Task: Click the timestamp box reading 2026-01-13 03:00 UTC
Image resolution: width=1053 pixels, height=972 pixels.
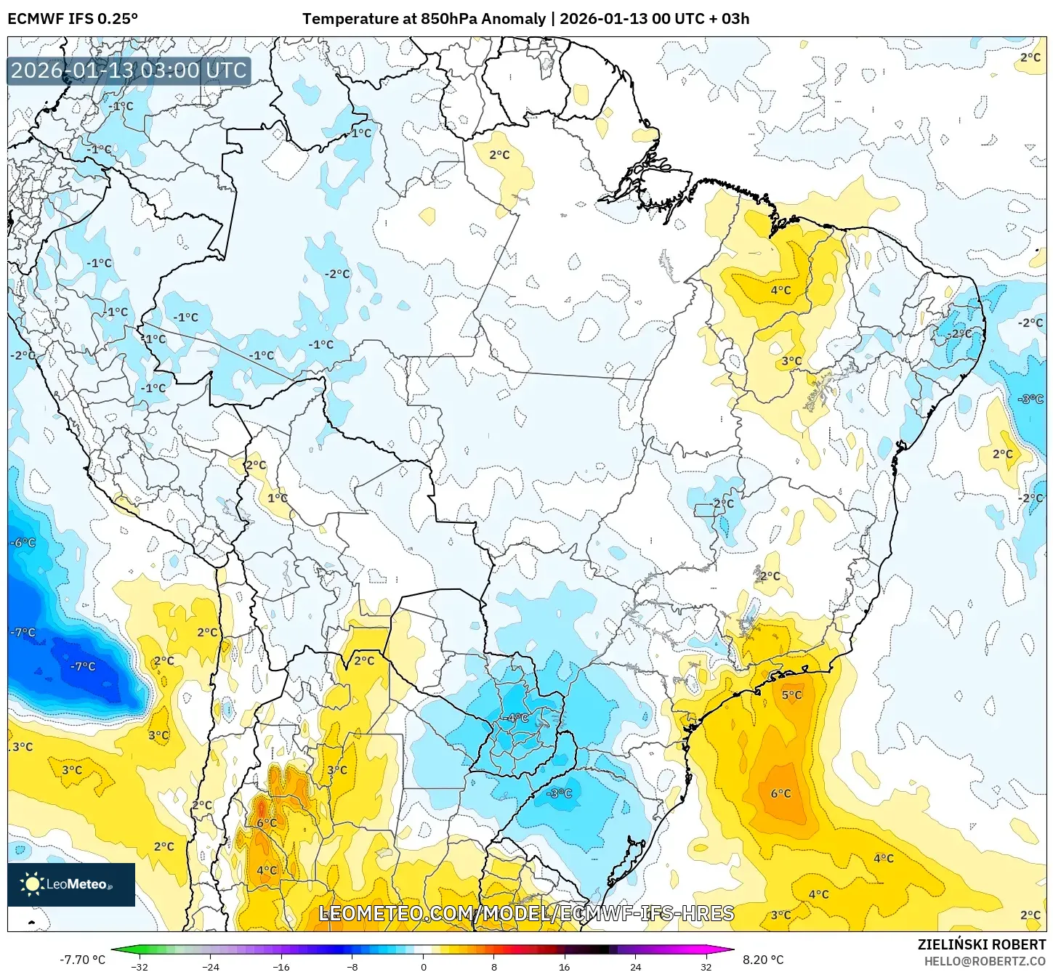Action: point(129,70)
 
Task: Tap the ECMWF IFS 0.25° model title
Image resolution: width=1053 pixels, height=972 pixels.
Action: point(73,19)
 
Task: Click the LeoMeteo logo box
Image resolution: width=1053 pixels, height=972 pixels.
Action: point(71,884)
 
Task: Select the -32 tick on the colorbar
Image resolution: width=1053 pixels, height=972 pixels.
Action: point(140,966)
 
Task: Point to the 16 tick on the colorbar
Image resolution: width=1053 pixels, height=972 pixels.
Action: point(565,966)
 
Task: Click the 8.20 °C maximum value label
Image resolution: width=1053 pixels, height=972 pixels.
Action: point(762,960)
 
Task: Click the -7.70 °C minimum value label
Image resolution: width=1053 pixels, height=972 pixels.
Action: point(82,960)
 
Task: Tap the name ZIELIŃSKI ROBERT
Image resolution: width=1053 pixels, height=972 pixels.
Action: point(981,944)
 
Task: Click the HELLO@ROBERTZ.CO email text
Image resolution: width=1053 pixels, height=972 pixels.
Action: point(985,961)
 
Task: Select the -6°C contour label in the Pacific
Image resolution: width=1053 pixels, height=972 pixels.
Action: point(23,543)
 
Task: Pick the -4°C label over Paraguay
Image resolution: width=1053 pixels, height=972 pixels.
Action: point(517,718)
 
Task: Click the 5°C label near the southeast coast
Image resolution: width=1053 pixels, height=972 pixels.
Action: point(791,695)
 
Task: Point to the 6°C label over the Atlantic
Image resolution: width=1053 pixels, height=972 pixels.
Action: point(780,794)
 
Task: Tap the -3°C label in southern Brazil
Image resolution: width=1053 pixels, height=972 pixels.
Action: point(559,793)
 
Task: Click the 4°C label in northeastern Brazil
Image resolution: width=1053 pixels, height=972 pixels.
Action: point(780,291)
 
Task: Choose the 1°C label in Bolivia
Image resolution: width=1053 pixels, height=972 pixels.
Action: point(278,498)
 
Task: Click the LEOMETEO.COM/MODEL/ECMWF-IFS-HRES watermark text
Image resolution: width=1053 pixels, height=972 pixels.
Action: point(527,913)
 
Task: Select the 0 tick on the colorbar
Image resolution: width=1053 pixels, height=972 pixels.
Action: point(423,966)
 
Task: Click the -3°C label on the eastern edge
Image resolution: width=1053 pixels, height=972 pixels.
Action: point(1030,400)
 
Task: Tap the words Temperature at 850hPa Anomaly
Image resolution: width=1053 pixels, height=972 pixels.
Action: point(424,19)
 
